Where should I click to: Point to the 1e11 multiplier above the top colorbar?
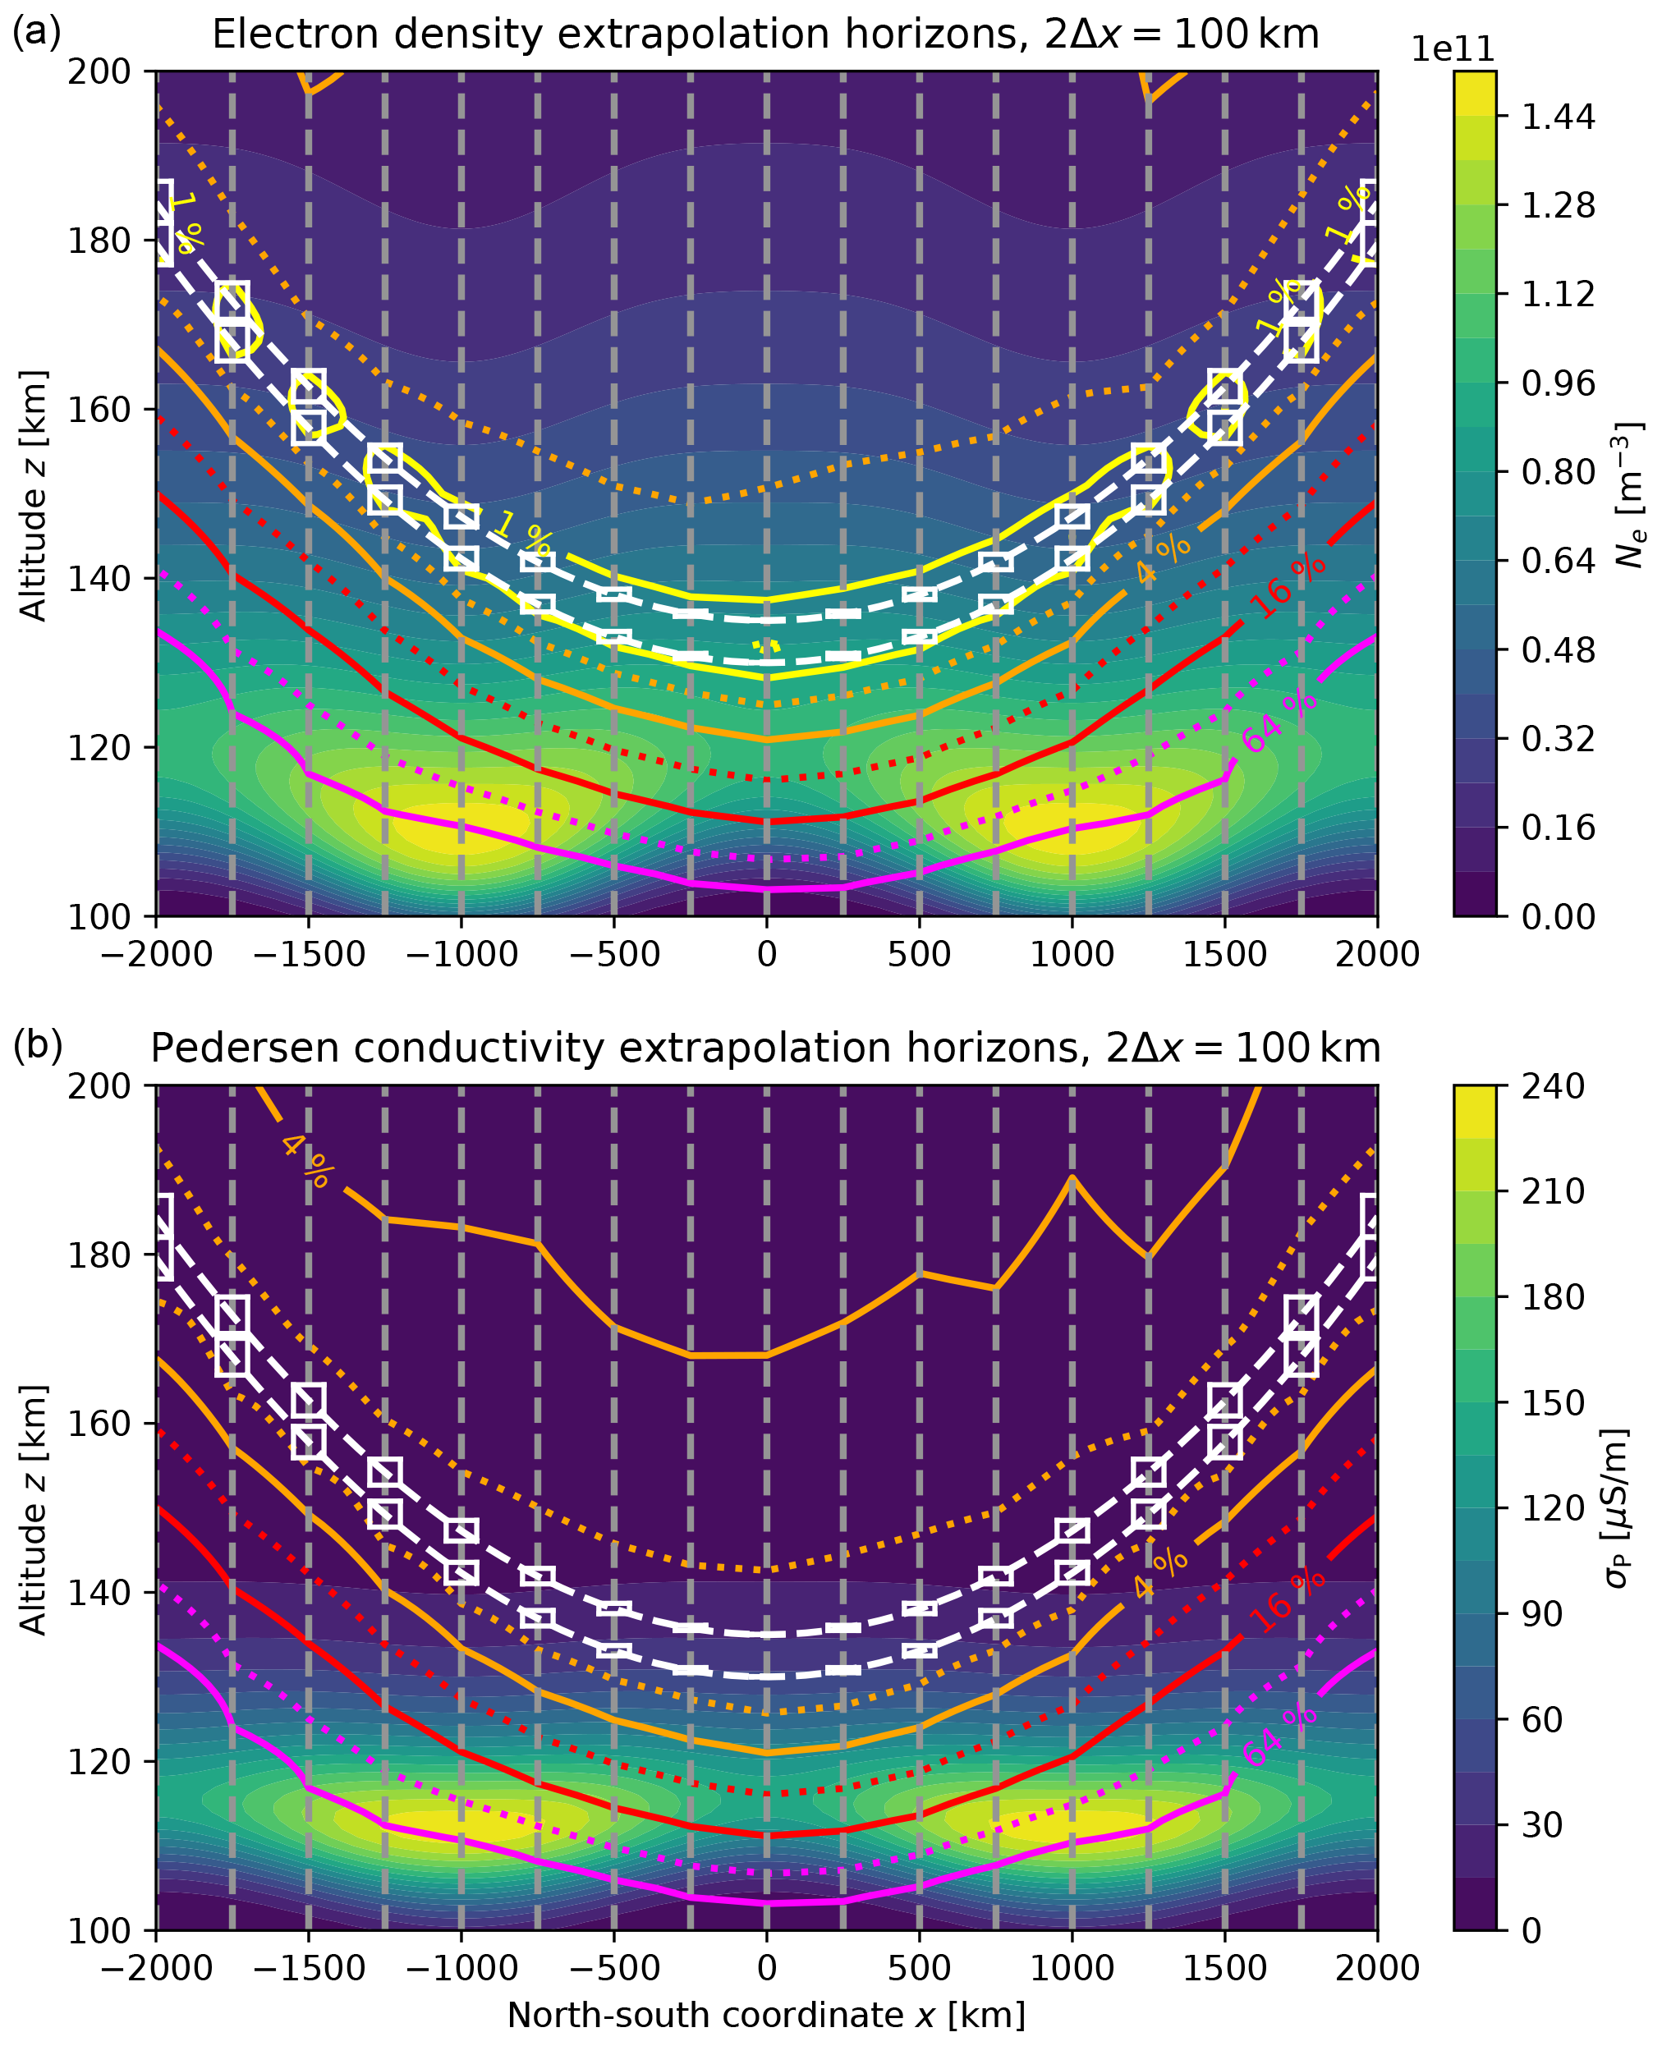click(1453, 50)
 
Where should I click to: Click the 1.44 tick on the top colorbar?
click(1559, 117)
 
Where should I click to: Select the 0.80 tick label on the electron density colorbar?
click(1559, 472)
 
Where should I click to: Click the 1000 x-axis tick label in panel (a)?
click(1072, 954)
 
